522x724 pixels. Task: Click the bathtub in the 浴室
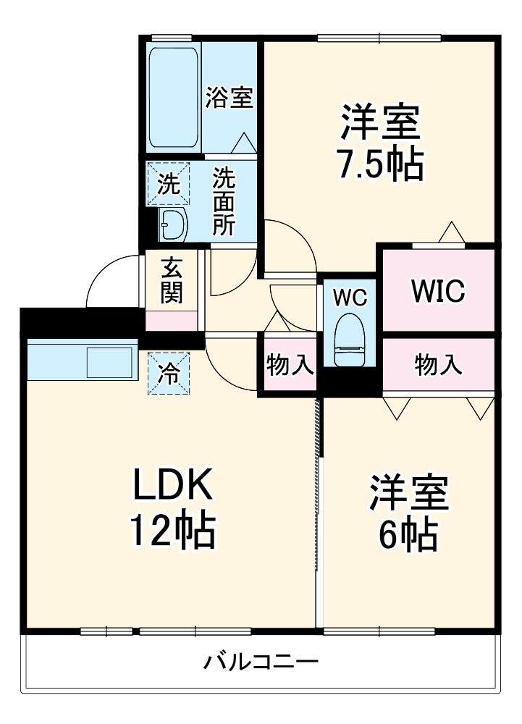(x=173, y=98)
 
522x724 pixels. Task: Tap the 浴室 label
(x=229, y=97)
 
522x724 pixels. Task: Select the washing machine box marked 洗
(x=168, y=184)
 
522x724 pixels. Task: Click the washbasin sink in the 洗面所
(x=172, y=226)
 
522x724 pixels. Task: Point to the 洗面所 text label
(x=224, y=202)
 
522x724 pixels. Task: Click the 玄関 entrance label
(x=172, y=280)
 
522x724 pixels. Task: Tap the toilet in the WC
(x=350, y=340)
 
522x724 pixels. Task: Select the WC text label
(x=350, y=297)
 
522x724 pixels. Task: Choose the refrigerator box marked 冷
(x=168, y=374)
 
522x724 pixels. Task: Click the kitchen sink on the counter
(x=109, y=362)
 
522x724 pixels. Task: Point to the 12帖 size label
(x=172, y=531)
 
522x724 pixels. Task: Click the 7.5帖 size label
(x=380, y=166)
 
